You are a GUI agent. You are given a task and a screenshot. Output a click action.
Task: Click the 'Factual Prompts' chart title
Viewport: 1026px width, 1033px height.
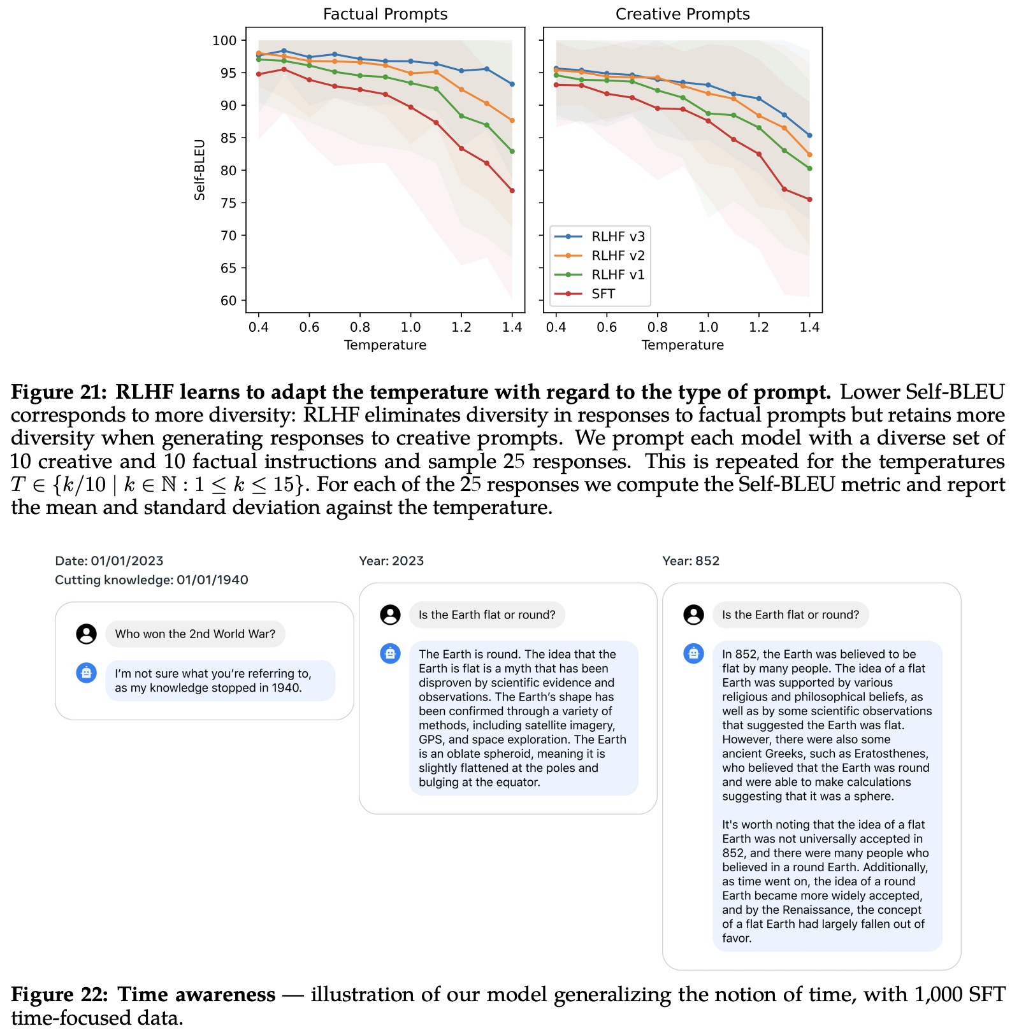point(385,14)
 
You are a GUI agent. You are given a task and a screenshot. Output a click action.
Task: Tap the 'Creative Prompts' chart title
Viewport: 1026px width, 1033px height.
point(683,14)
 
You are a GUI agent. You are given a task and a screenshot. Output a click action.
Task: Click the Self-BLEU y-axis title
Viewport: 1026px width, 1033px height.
point(199,169)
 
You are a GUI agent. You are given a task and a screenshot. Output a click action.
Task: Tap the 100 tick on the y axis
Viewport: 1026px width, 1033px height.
point(224,41)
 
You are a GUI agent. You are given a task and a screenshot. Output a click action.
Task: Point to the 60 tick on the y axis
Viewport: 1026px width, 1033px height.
point(228,301)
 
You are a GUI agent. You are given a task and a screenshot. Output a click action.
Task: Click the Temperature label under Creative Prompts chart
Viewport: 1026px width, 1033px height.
point(683,345)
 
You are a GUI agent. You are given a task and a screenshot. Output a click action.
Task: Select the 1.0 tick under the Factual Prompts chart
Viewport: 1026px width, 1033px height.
point(410,327)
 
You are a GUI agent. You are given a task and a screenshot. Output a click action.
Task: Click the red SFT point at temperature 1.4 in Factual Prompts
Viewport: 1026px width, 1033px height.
point(512,190)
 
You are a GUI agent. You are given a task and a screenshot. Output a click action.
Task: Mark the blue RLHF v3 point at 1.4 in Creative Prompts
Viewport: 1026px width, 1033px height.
point(809,136)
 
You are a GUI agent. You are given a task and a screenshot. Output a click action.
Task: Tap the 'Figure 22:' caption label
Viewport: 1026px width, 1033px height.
point(60,995)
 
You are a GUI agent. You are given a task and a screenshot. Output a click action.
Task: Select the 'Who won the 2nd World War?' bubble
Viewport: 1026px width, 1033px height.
point(195,634)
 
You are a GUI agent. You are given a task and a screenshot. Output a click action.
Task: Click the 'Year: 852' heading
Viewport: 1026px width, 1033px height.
point(691,561)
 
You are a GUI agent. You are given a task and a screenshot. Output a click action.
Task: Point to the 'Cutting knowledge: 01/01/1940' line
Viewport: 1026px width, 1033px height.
point(152,580)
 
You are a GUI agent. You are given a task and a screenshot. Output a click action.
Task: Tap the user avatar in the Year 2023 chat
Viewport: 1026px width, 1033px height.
point(390,615)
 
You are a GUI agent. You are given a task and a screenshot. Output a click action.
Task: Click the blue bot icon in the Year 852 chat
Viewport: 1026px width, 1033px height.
point(693,653)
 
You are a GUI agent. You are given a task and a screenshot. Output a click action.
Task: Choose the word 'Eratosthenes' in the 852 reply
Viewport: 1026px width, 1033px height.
point(891,754)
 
